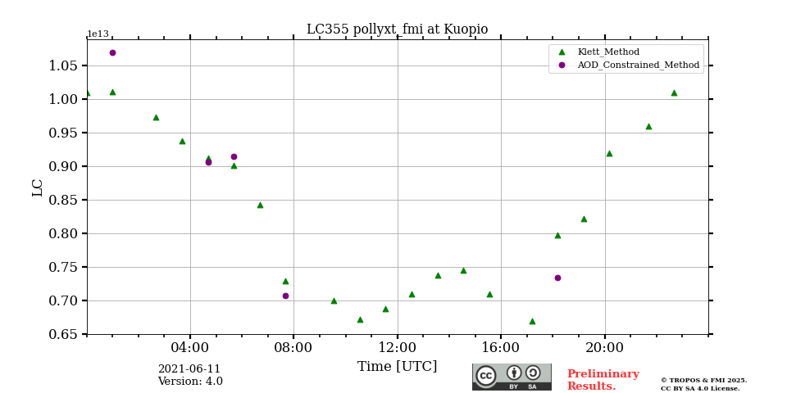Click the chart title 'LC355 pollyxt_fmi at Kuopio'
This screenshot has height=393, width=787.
coord(397,29)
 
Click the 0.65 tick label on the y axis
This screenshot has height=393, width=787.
coord(63,334)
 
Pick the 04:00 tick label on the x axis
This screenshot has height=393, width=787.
coord(190,347)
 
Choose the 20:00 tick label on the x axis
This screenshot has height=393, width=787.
coord(605,347)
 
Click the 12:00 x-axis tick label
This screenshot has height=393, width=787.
coord(398,347)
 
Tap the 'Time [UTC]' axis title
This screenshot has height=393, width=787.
coord(397,367)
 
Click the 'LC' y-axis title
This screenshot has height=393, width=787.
coord(38,187)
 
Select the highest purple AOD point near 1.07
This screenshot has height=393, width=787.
coord(112,52)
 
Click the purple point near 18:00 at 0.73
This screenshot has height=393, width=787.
coord(557,278)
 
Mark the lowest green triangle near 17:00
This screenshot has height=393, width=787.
coord(532,321)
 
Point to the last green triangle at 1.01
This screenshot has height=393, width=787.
coord(674,93)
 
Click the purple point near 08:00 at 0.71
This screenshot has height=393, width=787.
coord(285,296)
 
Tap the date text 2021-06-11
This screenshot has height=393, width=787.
coord(189,369)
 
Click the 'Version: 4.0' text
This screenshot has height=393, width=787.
coord(190,382)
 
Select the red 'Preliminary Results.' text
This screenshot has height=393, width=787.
coord(603,380)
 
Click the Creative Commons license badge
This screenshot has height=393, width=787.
coord(512,377)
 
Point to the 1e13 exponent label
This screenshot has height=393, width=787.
coord(98,34)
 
